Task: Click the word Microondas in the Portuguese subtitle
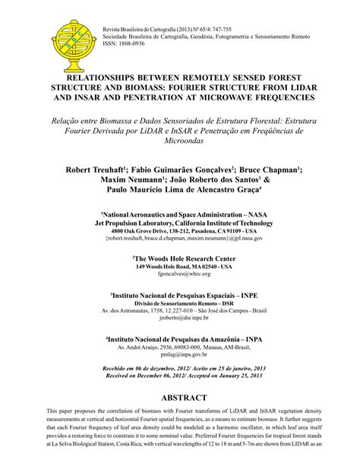tap(180, 141)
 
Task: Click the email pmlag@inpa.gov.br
tap(180, 354)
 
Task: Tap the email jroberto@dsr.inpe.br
tap(180, 319)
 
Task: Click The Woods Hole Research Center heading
tap(180, 258)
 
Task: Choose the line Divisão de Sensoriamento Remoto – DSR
tap(180, 303)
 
